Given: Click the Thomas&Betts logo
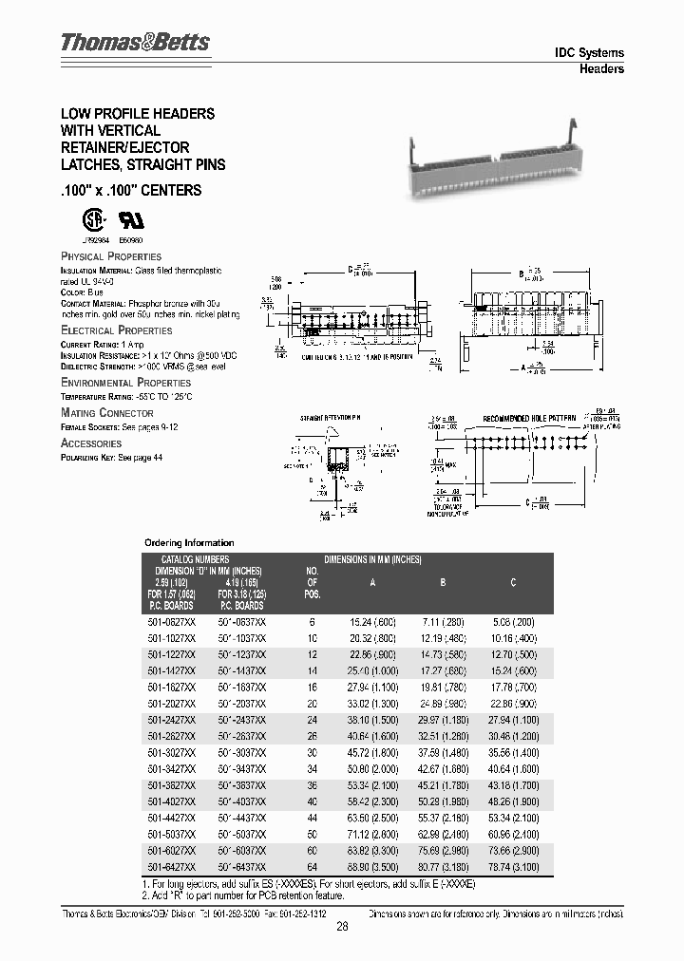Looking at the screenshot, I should [x=135, y=43].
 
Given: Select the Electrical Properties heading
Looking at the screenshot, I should [x=117, y=330].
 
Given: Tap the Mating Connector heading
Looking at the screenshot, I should [x=107, y=413].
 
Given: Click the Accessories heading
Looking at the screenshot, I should [x=91, y=443].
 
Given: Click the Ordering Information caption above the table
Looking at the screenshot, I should [x=188, y=542].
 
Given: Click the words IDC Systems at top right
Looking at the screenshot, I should [x=589, y=53].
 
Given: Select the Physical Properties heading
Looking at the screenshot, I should [x=111, y=256].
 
